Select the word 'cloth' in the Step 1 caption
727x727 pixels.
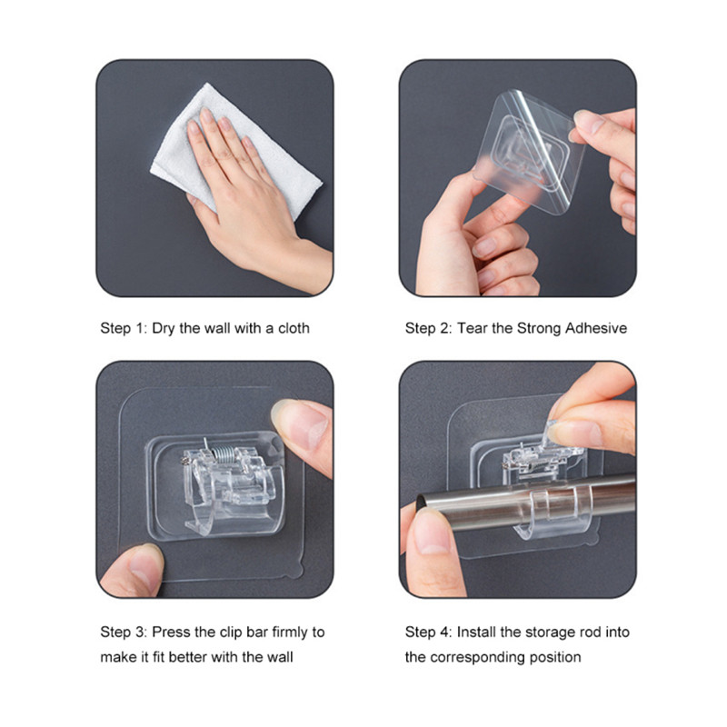coord(294,328)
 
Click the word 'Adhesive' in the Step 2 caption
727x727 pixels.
coord(596,328)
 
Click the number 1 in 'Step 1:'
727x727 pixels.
coord(140,328)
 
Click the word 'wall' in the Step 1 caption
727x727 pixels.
coord(217,328)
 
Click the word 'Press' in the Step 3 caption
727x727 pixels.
coord(171,632)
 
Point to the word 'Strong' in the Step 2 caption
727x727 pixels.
coord(539,329)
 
